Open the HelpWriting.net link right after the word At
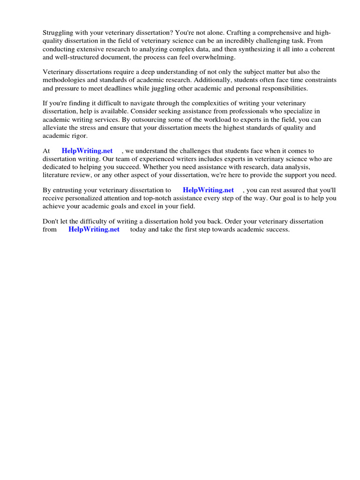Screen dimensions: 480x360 point(87,151)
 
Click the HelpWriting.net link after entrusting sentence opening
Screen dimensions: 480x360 point(208,190)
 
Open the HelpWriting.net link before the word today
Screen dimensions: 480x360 point(94,230)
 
